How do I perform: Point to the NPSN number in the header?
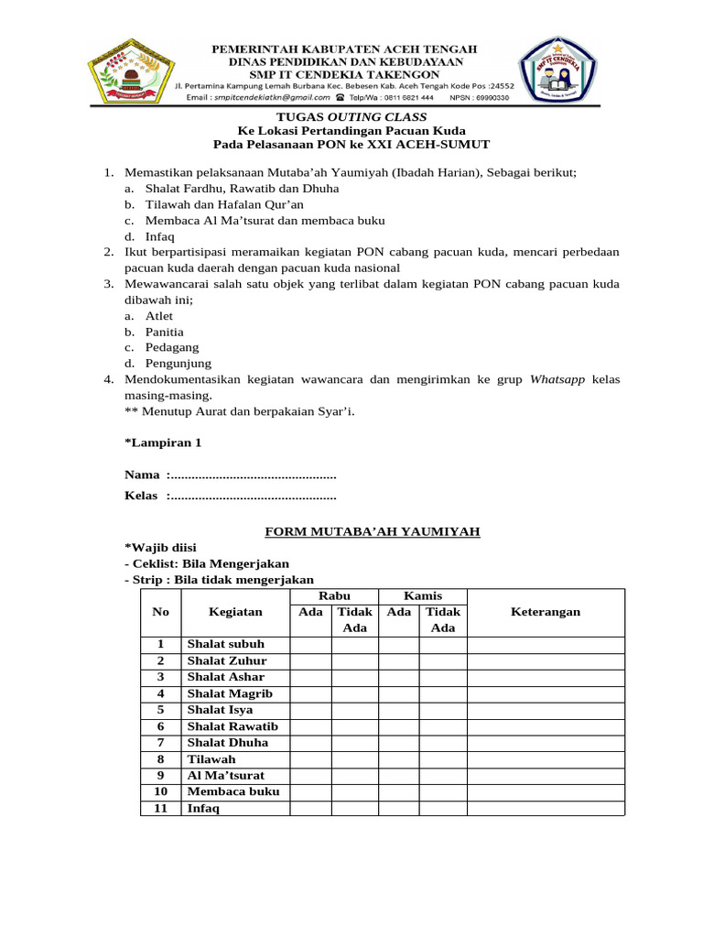pyautogui.click(x=477, y=96)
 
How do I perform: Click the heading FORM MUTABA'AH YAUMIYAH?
pyautogui.click(x=373, y=531)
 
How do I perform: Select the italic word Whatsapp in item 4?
pyautogui.click(x=558, y=379)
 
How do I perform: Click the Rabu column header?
pyautogui.click(x=333, y=595)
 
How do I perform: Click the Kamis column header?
pyautogui.click(x=422, y=595)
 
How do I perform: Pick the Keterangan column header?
pyautogui.click(x=545, y=612)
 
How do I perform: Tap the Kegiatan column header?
pyautogui.click(x=235, y=612)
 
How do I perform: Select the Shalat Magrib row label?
pyautogui.click(x=230, y=693)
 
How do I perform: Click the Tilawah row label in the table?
pyautogui.click(x=211, y=759)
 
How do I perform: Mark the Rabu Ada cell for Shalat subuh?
pyautogui.click(x=311, y=644)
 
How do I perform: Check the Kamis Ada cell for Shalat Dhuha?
pyautogui.click(x=398, y=742)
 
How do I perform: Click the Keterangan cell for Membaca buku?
pyautogui.click(x=545, y=791)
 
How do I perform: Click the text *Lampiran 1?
pyautogui.click(x=163, y=442)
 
